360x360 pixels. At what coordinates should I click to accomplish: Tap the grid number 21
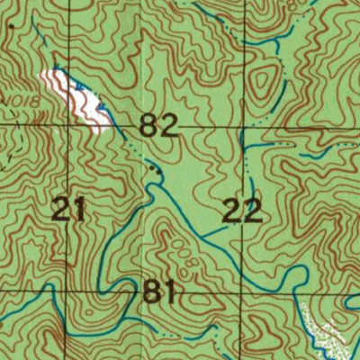[69, 211]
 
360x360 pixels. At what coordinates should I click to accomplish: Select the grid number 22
[242, 211]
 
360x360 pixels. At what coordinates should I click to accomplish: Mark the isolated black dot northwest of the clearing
[11, 26]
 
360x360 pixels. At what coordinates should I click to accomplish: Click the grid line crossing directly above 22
[242, 129]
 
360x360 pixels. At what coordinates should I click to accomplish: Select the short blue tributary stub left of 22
[211, 233]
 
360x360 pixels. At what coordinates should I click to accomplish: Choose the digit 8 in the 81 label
[154, 292]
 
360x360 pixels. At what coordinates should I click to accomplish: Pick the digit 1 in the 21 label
[80, 211]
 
